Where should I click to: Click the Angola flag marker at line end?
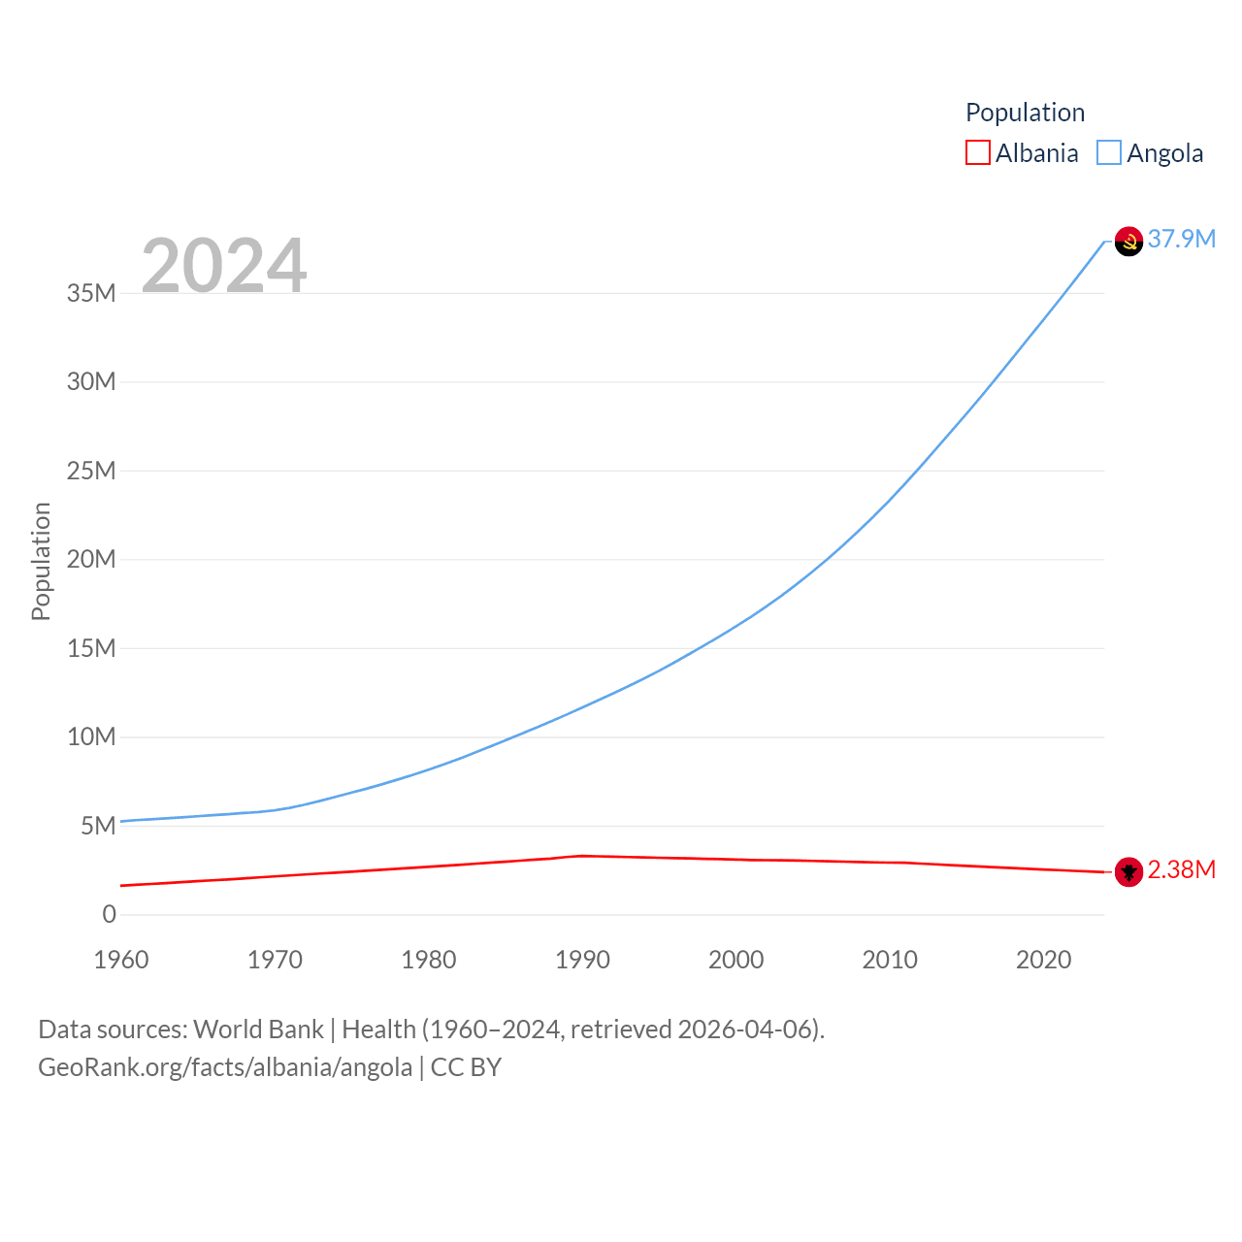pos(1128,241)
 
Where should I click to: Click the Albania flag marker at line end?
pos(1128,872)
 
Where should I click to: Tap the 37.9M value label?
pos(1181,239)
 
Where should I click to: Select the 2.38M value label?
pos(1181,869)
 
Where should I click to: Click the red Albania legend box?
pos(978,153)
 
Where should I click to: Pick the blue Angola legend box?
pos(1109,153)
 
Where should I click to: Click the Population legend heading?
pos(1025,113)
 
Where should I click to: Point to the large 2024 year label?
pos(224,265)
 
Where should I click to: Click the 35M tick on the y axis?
pos(91,293)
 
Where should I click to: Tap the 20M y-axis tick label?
pos(91,559)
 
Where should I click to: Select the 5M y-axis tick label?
pos(98,826)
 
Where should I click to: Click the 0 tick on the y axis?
pos(109,914)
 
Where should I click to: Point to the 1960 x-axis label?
pos(121,960)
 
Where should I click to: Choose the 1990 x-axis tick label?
pos(582,960)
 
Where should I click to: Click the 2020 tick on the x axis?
pos(1043,960)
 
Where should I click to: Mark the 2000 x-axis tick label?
pos(735,960)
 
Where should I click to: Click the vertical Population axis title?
pos(41,561)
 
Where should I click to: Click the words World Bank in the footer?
pos(258,1029)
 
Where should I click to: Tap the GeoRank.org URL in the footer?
pos(225,1067)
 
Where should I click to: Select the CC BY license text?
pos(466,1067)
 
